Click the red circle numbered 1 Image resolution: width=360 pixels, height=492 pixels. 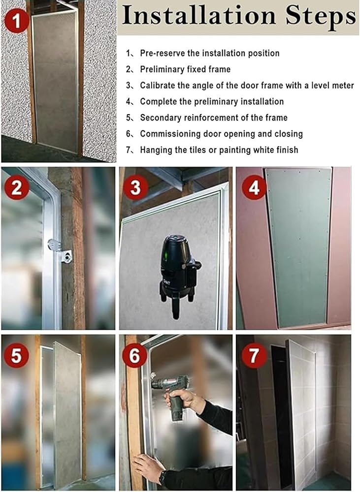17,21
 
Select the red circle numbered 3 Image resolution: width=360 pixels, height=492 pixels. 135,187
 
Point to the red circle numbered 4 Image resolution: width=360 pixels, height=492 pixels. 254,187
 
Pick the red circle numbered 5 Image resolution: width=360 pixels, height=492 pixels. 16,356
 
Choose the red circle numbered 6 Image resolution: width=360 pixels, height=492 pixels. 134,356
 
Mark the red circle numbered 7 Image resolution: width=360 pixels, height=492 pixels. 254,356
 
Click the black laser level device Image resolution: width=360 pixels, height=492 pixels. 178,276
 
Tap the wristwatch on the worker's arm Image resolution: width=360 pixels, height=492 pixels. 162,478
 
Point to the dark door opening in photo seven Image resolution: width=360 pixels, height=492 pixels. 282,417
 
